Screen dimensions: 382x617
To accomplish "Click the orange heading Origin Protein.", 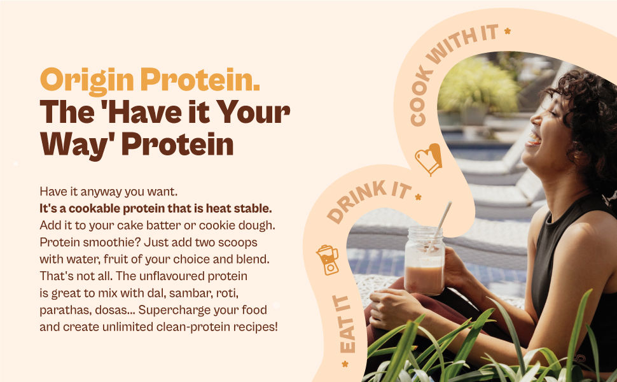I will tap(150, 80).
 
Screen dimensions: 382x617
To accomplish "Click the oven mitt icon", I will tap(428, 159).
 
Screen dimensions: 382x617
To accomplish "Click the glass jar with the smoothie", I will tap(424, 261).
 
